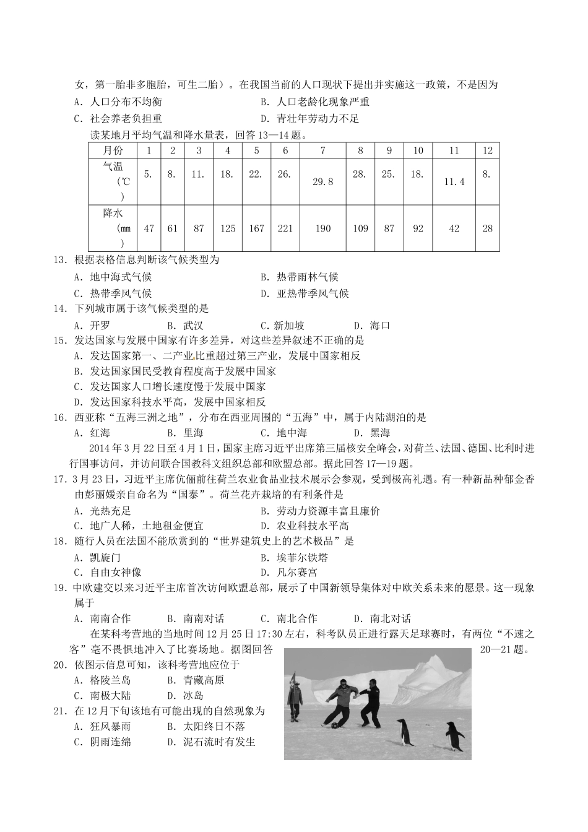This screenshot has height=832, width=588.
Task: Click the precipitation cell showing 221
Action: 285,228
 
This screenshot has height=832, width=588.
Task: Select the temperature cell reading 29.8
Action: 323,181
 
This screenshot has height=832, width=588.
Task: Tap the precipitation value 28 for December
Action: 488,228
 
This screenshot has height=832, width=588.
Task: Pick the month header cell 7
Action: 323,150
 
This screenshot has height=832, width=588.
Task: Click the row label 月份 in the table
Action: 113,150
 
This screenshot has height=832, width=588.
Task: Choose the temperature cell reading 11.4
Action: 454,181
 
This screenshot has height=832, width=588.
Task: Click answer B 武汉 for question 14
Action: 186,326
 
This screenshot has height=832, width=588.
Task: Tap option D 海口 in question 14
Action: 372,326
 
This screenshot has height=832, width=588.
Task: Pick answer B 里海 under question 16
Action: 186,433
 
